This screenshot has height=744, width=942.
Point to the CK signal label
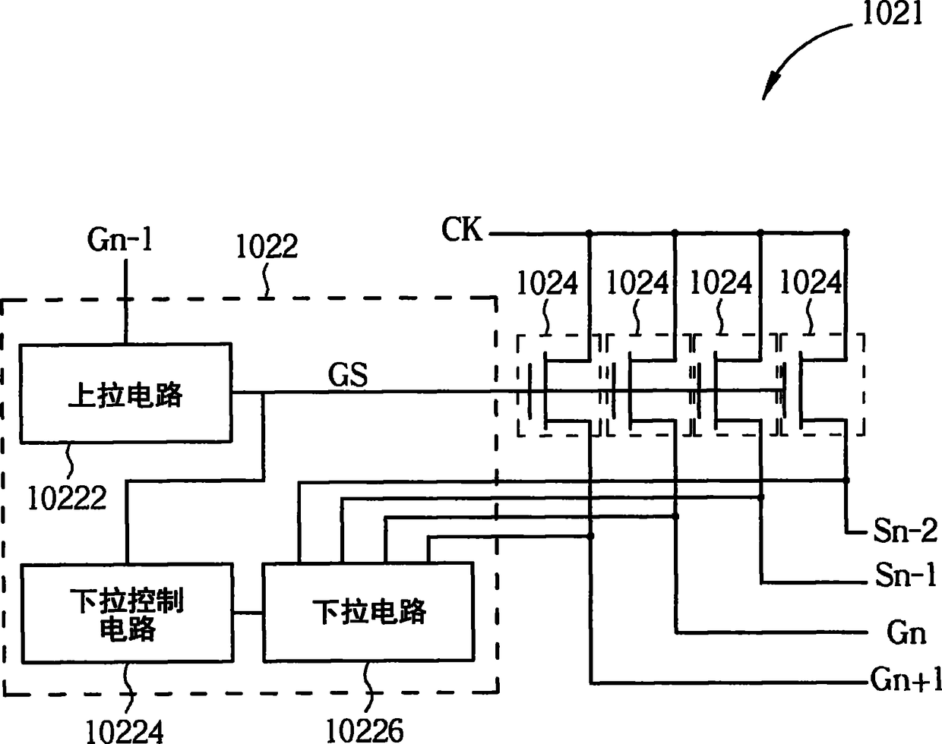(x=461, y=229)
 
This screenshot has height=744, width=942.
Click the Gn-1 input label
(x=120, y=239)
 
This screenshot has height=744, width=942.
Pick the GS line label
(x=348, y=374)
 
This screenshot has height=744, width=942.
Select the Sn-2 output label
(x=906, y=531)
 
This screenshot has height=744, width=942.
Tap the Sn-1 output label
(x=906, y=574)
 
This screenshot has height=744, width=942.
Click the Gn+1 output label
(x=906, y=679)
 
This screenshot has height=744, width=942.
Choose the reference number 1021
(x=893, y=13)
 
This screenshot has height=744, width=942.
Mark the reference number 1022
(x=267, y=246)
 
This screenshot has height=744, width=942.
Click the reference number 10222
(x=67, y=498)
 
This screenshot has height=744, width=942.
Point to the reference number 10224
(x=125, y=731)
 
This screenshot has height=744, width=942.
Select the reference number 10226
(x=365, y=730)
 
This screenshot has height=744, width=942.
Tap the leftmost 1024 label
(x=547, y=283)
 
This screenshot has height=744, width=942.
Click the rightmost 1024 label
(x=811, y=282)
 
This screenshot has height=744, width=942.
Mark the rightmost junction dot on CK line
(x=846, y=232)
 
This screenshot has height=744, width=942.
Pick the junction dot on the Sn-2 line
(x=846, y=481)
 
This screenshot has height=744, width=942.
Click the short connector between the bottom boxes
(x=248, y=613)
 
